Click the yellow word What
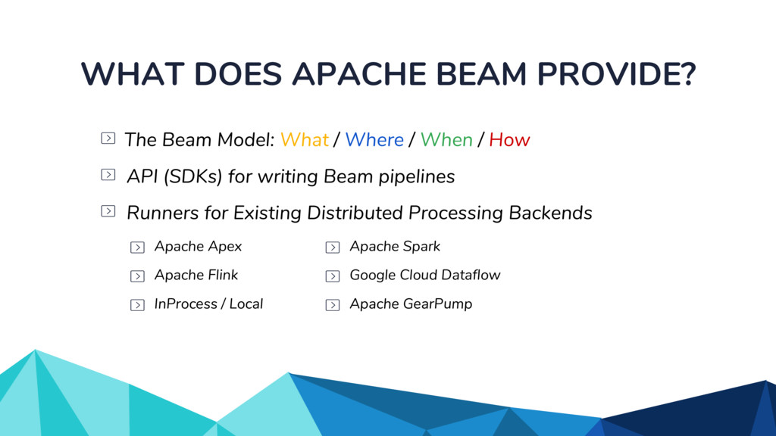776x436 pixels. [x=304, y=140]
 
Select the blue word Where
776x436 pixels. [x=374, y=140]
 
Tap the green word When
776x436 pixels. [x=446, y=140]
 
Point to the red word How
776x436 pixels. [x=509, y=140]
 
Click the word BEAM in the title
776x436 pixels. [x=475, y=74]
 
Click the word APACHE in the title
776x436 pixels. [x=352, y=74]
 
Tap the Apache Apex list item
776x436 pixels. [x=198, y=247]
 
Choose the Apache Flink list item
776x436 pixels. [x=196, y=276]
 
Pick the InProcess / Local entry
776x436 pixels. [x=208, y=304]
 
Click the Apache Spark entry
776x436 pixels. [x=394, y=247]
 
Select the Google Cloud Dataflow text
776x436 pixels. [x=424, y=276]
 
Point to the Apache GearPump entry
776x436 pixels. [x=410, y=304]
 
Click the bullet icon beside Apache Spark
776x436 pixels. [x=332, y=248]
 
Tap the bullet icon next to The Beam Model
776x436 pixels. [x=108, y=139]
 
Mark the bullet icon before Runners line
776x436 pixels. [x=108, y=211]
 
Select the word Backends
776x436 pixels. [x=550, y=213]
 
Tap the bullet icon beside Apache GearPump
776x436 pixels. [x=332, y=305]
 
